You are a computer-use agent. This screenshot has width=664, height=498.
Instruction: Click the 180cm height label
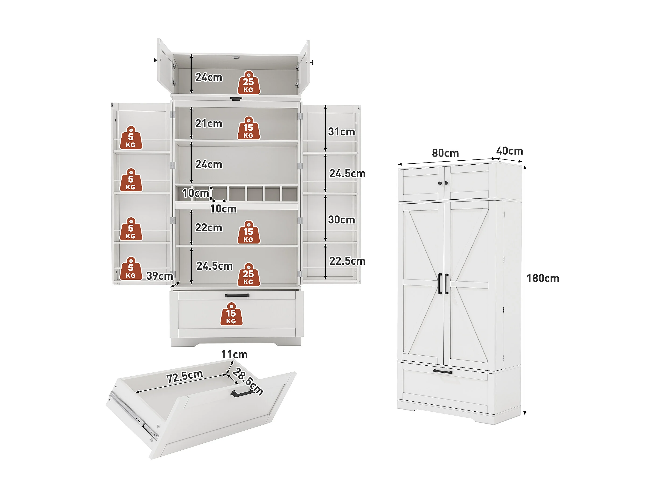(x=543, y=278)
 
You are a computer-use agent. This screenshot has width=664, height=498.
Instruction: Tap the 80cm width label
(x=445, y=153)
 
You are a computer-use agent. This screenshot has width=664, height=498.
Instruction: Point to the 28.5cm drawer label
(x=248, y=381)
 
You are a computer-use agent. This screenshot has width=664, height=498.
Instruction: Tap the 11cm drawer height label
(x=234, y=354)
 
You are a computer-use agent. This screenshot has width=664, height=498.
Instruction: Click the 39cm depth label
(x=159, y=276)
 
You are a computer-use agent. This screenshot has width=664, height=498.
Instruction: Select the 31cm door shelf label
(x=341, y=131)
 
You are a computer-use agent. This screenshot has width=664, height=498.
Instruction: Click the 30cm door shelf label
(x=341, y=219)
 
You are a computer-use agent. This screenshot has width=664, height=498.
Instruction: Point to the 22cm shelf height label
(x=209, y=228)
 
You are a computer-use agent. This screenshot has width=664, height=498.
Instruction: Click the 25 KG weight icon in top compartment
(x=249, y=83)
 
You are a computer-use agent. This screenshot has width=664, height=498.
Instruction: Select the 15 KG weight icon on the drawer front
(x=231, y=314)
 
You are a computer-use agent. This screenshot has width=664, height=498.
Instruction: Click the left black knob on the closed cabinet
(x=440, y=183)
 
